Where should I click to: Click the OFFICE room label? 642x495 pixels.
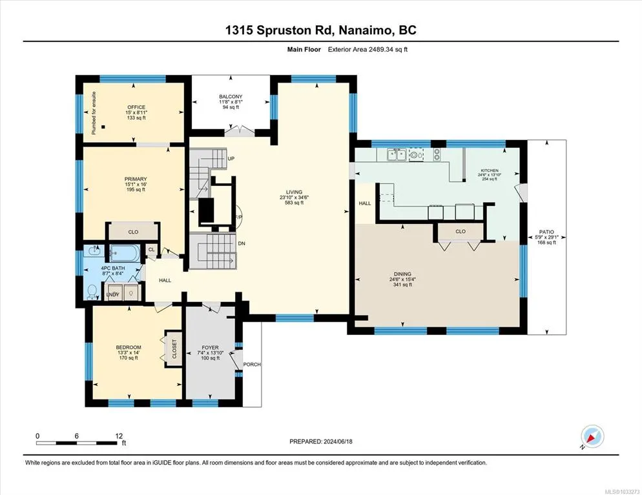(x=136, y=107)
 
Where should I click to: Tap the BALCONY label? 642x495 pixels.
(x=231, y=97)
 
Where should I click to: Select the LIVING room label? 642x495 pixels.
(x=294, y=192)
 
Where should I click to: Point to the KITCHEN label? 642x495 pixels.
(x=490, y=170)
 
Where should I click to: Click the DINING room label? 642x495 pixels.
(x=403, y=274)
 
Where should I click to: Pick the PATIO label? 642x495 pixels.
(x=546, y=232)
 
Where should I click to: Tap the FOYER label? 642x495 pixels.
(x=211, y=347)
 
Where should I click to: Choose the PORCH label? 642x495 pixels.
(x=252, y=365)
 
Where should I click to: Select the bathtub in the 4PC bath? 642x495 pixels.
(x=125, y=253)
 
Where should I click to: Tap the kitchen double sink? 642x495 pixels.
(x=397, y=155)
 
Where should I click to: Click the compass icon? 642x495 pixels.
(x=592, y=436)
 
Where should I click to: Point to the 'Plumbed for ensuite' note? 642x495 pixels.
(x=94, y=113)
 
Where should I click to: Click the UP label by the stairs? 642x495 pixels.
(x=231, y=159)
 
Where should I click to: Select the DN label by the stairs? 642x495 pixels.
(x=242, y=243)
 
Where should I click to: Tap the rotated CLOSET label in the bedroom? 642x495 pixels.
(x=174, y=349)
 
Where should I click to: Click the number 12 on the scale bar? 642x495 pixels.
(x=119, y=436)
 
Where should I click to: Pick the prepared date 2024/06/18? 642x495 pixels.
(x=338, y=441)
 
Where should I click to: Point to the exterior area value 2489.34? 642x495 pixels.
(x=381, y=50)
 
